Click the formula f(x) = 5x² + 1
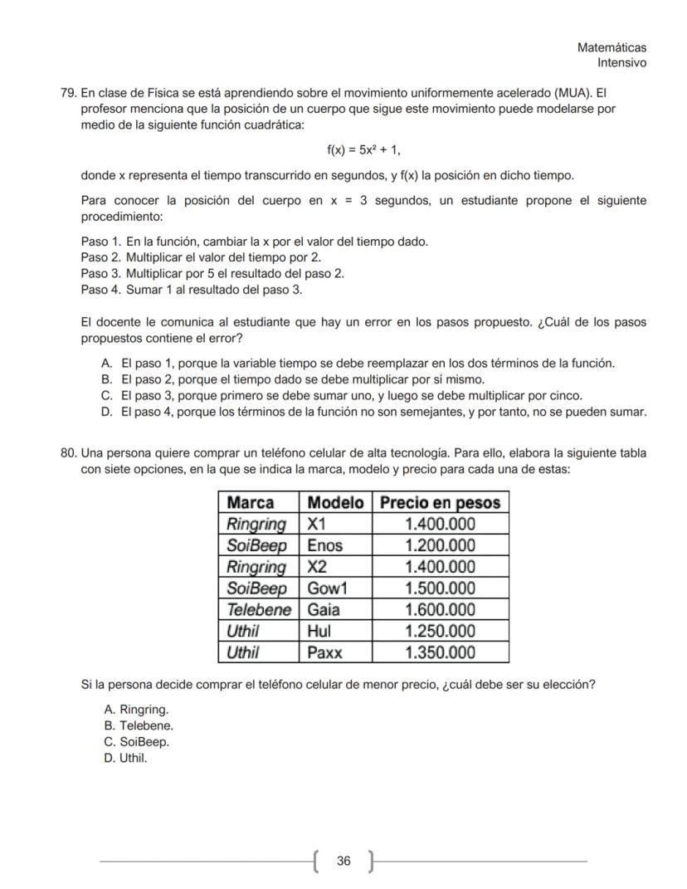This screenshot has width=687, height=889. [363, 150]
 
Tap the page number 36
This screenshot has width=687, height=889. [343, 861]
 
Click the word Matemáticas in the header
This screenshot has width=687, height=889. [611, 48]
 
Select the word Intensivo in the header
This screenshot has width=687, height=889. [621, 63]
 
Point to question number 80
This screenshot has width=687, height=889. [67, 453]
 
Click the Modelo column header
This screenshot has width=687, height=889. [335, 502]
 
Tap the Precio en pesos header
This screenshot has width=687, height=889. [440, 502]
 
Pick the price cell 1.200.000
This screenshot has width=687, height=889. [440, 545]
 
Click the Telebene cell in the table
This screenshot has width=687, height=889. [259, 610]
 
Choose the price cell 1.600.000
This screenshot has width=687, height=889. [440, 610]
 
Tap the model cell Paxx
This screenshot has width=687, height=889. [324, 652]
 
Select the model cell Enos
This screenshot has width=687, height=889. [324, 545]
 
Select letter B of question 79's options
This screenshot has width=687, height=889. [105, 379]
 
